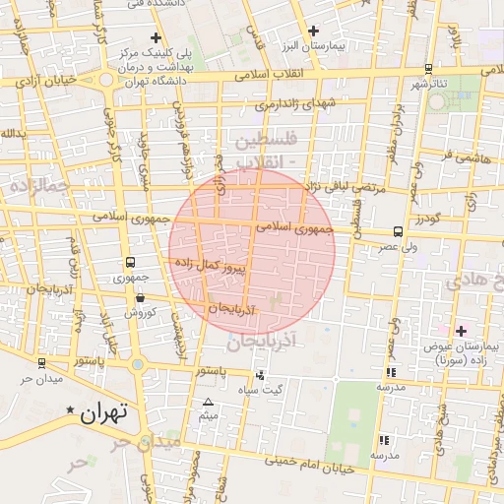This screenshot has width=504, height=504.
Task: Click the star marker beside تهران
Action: click(70, 409)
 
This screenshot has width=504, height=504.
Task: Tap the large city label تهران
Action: click(101, 414)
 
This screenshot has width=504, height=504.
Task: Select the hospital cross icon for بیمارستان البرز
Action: click(314, 31)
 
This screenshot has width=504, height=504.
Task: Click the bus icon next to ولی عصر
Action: click(397, 232)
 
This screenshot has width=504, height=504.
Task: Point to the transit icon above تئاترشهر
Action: click(427, 68)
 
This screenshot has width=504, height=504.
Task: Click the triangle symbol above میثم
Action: click(208, 402)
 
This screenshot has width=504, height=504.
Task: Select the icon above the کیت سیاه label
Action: click(260, 375)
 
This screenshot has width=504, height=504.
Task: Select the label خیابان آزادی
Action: click(47, 84)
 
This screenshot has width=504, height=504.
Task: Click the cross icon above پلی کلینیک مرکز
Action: click(156, 36)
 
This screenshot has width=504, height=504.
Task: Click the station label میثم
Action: click(208, 416)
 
